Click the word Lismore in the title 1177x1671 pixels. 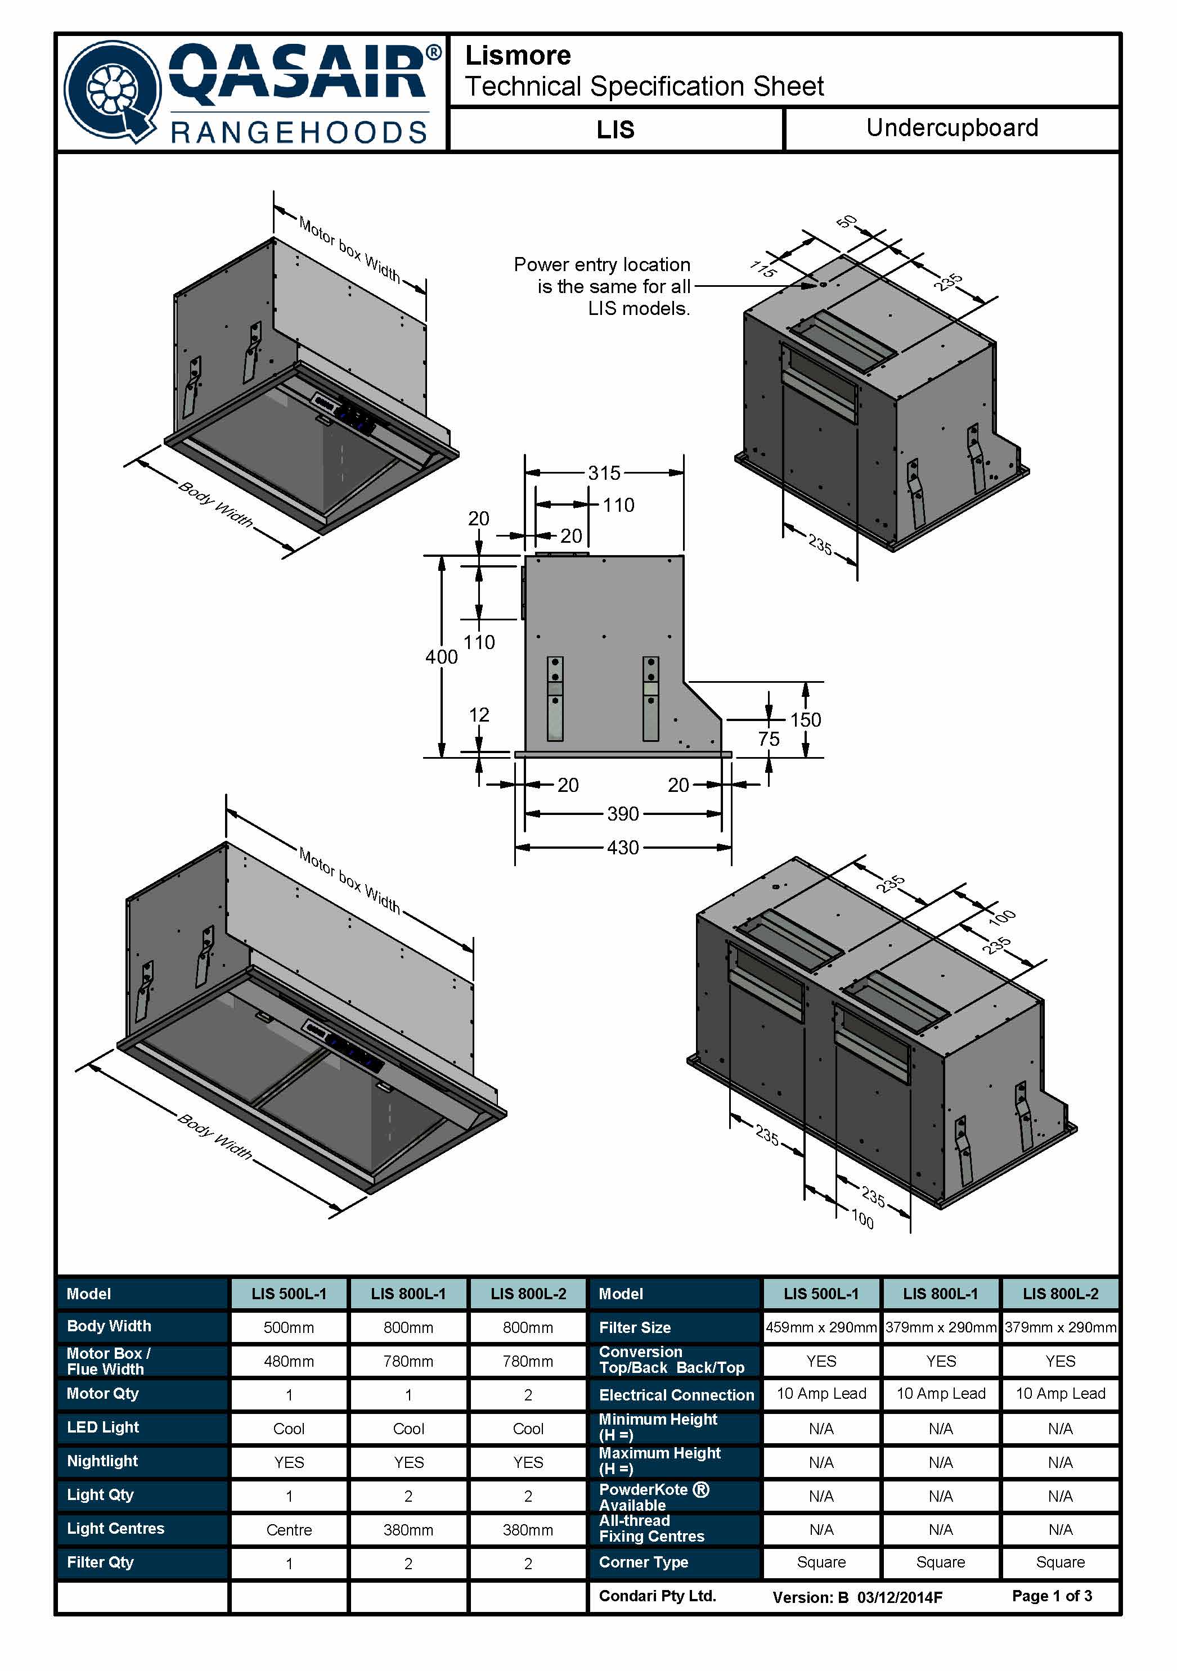pyautogui.click(x=518, y=55)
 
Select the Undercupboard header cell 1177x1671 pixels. pyautogui.click(x=951, y=128)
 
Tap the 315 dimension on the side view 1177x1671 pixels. pyautogui.click(x=604, y=473)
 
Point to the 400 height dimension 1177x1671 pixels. pyautogui.click(x=441, y=657)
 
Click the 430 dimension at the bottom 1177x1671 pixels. pyautogui.click(x=622, y=848)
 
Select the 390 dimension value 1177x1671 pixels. pyautogui.click(x=622, y=814)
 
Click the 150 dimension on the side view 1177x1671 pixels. pyautogui.click(x=805, y=720)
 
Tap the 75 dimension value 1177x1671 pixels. pyautogui.click(x=768, y=740)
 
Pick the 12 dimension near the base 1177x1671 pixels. pyautogui.click(x=478, y=715)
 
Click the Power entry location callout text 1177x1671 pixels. pyautogui.click(x=602, y=286)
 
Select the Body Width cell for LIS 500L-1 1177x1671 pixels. pyautogui.click(x=289, y=1327)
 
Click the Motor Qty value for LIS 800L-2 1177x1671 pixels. pyautogui.click(x=528, y=1395)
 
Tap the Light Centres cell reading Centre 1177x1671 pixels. pyautogui.click(x=289, y=1530)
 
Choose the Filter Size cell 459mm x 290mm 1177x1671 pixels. pyautogui.click(x=820, y=1327)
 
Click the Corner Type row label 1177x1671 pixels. pyautogui.click(x=644, y=1562)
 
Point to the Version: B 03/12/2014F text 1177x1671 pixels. pyautogui.click(x=857, y=1597)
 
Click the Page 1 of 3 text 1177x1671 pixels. pyautogui.click(x=1051, y=1596)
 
